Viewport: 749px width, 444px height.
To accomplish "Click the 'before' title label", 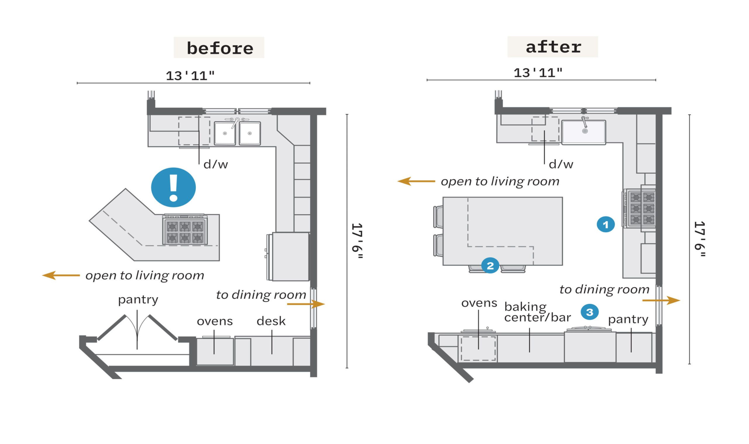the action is click(220, 48).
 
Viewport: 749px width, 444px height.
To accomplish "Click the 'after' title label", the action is click(553, 47).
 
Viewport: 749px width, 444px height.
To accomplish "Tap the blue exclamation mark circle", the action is click(173, 187).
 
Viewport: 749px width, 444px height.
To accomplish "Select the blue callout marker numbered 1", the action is click(606, 224).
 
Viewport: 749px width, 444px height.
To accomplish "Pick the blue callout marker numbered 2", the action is click(490, 265).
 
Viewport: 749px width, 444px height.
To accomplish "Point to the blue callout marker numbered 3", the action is click(590, 312).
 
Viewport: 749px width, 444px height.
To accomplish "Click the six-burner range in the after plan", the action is click(639, 208).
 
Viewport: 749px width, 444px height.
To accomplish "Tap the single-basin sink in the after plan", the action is click(584, 132).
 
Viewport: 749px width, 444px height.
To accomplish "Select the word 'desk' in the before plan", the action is click(271, 321).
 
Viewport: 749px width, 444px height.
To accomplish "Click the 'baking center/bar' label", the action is click(537, 312).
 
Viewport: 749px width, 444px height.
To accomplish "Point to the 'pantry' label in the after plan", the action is click(628, 320).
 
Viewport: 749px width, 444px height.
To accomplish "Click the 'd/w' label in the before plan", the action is click(216, 164).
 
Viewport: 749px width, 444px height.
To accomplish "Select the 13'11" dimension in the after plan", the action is click(538, 73).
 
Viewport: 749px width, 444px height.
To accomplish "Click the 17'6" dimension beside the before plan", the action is click(358, 241).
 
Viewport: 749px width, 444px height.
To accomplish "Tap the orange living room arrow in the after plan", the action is click(416, 181).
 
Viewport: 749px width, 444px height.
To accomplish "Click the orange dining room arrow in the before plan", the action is click(306, 304).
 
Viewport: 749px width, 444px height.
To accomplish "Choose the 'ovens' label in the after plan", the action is click(479, 303).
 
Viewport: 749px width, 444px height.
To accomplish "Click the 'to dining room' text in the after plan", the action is click(604, 289).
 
